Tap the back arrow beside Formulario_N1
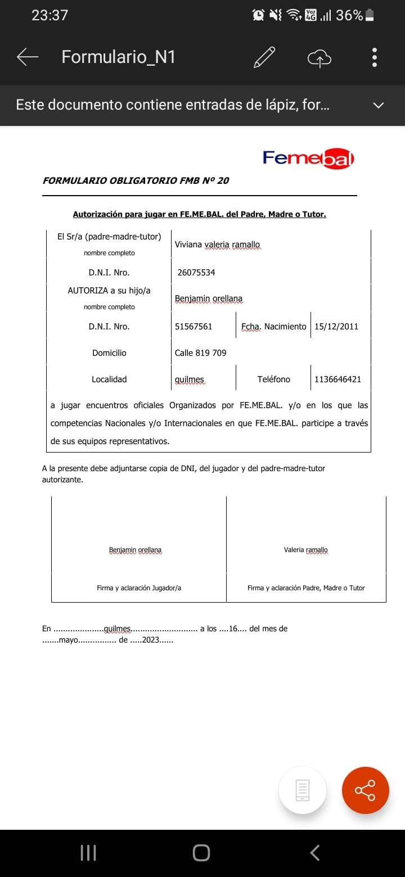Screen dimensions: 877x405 [27, 57]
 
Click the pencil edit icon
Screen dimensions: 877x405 [264, 57]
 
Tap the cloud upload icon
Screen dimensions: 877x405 [319, 57]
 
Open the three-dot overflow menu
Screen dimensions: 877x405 [375, 57]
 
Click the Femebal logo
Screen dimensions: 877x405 [308, 159]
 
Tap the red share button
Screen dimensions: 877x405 [365, 790]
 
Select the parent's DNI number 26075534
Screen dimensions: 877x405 [196, 273]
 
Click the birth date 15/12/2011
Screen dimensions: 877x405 [336, 327]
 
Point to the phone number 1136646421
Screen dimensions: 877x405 [338, 379]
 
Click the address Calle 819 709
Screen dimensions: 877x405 [201, 353]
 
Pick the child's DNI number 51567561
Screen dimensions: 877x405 [193, 327]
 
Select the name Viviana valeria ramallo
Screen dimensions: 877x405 [217, 245]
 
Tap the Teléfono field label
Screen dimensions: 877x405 [274, 379]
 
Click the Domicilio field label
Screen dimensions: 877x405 [109, 353]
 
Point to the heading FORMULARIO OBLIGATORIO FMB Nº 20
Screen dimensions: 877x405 [136, 180]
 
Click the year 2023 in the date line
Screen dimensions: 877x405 [151, 640]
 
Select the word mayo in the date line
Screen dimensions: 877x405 [69, 640]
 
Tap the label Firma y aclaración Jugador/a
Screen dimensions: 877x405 [139, 588]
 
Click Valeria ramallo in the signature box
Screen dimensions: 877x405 [305, 550]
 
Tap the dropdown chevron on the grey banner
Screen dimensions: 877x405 [379, 105]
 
